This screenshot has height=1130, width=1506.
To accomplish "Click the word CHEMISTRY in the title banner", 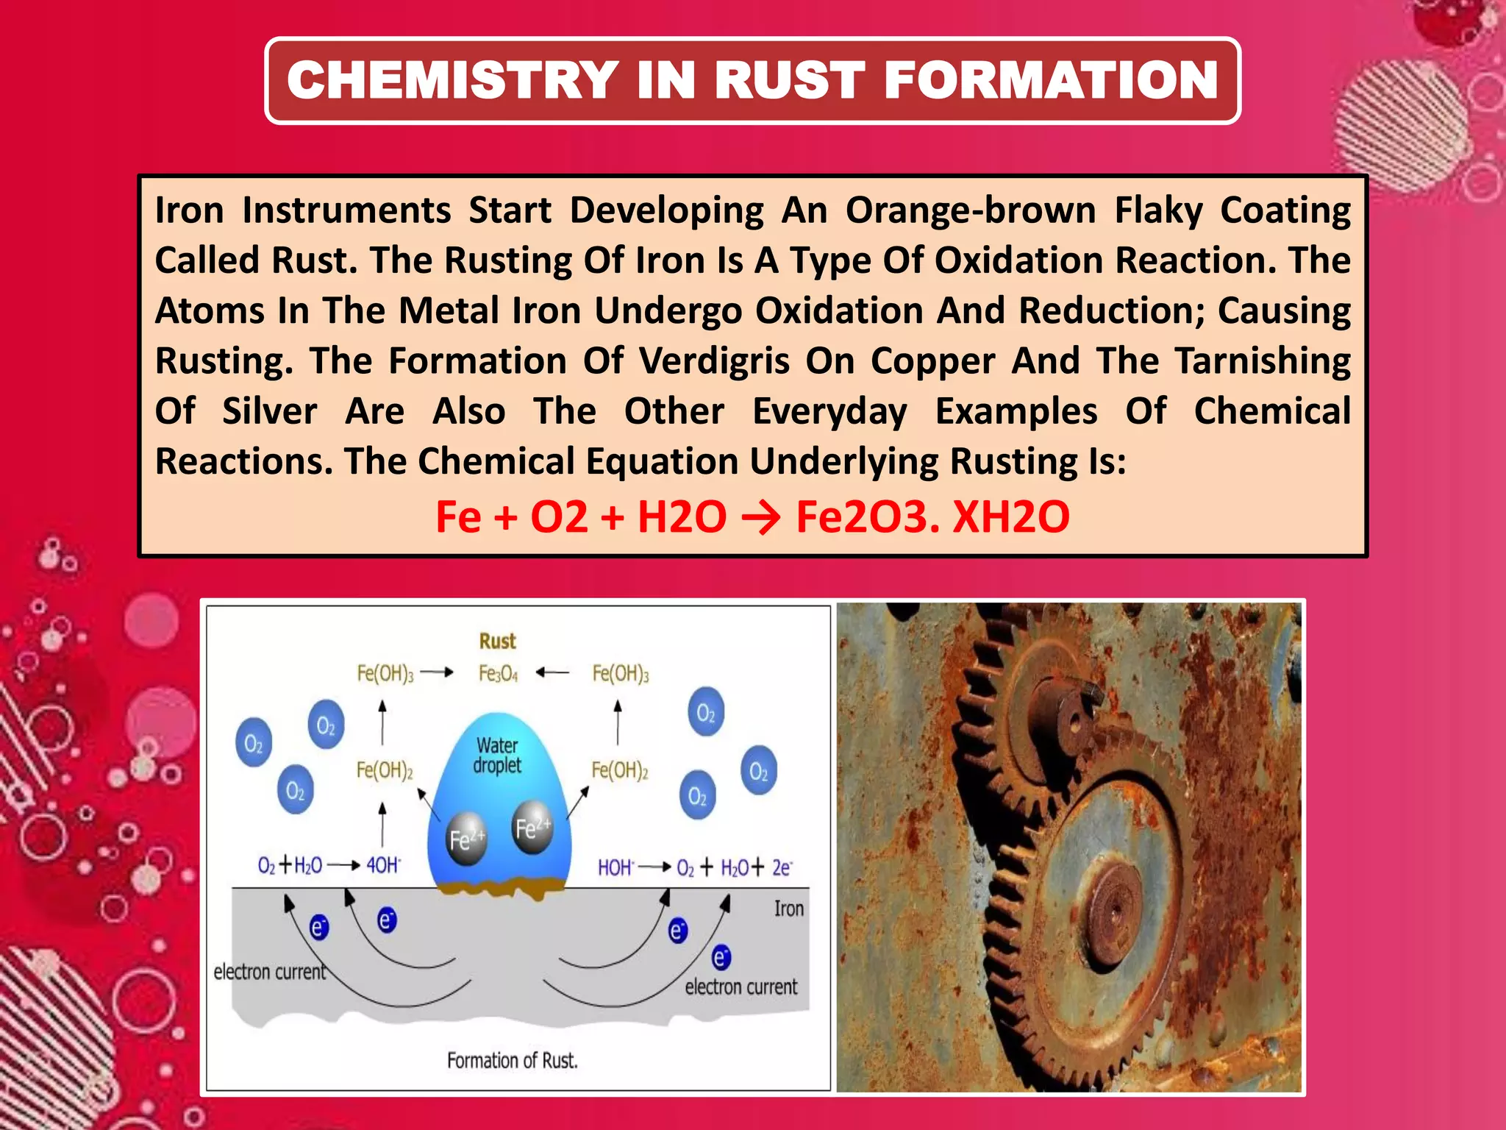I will pyautogui.click(x=452, y=80).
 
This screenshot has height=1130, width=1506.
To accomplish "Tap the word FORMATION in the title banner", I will pyautogui.click(x=1051, y=80).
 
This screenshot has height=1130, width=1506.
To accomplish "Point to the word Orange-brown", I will pyautogui.click(x=971, y=210).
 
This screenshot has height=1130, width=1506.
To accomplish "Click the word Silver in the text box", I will pyautogui.click(x=270, y=411).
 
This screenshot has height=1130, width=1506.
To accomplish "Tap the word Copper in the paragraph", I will pyautogui.click(x=933, y=361).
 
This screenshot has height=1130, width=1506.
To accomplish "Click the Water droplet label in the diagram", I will pyautogui.click(x=497, y=756).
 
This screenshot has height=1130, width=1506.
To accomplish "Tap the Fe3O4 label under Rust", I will pyautogui.click(x=498, y=673).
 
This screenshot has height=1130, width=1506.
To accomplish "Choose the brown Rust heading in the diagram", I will pyautogui.click(x=498, y=641).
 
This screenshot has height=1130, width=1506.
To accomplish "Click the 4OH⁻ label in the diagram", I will pyautogui.click(x=383, y=865).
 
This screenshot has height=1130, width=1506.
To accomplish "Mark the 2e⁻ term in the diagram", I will pyautogui.click(x=782, y=868).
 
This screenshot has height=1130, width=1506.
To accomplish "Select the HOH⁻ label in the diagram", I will pyautogui.click(x=615, y=868).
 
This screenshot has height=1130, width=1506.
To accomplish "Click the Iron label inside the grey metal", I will pyautogui.click(x=788, y=909).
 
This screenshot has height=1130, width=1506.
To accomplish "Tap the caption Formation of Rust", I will pyautogui.click(x=513, y=1060).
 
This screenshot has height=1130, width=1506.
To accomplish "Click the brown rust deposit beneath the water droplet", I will pyautogui.click(x=500, y=887).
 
